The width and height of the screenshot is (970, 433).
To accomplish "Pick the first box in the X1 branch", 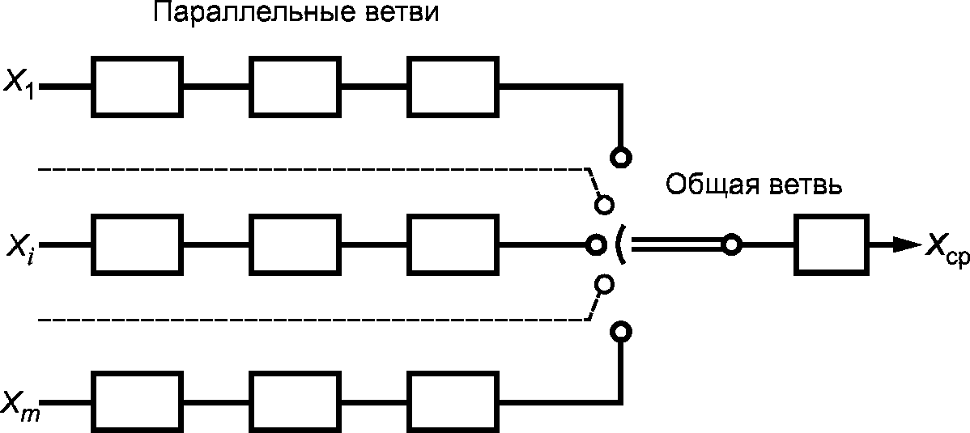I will pyautogui.click(x=135, y=85).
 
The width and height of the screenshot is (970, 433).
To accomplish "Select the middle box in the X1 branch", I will pyautogui.click(x=292, y=85).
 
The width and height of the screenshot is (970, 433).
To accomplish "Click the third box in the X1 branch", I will pyautogui.click(x=450, y=85).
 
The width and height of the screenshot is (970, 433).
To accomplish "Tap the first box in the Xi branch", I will pyautogui.click(x=135, y=244).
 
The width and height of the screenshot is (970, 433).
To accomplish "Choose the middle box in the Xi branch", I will pyautogui.click(x=292, y=244).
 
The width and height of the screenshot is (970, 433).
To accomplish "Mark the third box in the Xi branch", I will pyautogui.click(x=450, y=244).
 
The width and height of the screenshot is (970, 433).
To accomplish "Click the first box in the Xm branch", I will pyautogui.click(x=135, y=401).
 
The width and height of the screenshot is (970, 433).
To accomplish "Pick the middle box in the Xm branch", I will pyautogui.click(x=292, y=401).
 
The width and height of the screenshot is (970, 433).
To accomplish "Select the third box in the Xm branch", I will pyautogui.click(x=450, y=401).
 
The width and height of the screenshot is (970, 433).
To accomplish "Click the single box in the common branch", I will pyautogui.click(x=831, y=244).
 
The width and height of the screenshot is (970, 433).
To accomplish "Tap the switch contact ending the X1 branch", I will pyautogui.click(x=621, y=156).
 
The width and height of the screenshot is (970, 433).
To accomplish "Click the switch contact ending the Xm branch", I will pyautogui.click(x=621, y=331).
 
